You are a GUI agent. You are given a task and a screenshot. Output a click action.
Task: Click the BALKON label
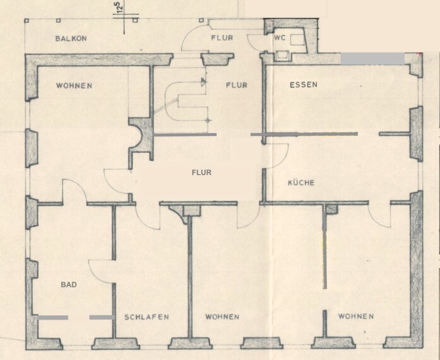click(71, 39)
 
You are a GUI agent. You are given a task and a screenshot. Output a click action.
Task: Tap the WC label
click(280, 38)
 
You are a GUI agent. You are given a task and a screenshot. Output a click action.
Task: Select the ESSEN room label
click(304, 85)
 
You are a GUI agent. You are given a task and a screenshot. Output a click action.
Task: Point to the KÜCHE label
click(301, 183)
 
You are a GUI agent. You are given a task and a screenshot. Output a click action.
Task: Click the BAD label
click(69, 285)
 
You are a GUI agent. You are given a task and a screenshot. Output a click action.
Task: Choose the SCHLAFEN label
click(146, 317)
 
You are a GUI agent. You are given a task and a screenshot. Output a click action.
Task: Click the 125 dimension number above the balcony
click(119, 11)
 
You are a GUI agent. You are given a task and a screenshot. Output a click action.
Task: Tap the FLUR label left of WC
click(222, 38)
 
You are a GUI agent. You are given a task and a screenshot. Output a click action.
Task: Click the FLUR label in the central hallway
click(201, 172)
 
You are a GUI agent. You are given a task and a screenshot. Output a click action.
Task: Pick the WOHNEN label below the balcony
click(74, 85)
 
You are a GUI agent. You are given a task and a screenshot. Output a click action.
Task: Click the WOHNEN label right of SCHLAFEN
click(222, 317)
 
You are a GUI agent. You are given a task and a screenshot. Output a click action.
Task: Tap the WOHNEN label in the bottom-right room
click(355, 316)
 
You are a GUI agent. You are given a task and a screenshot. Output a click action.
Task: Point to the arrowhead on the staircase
click(203, 81)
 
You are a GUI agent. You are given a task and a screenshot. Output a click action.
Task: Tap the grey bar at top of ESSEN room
click(372, 59)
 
